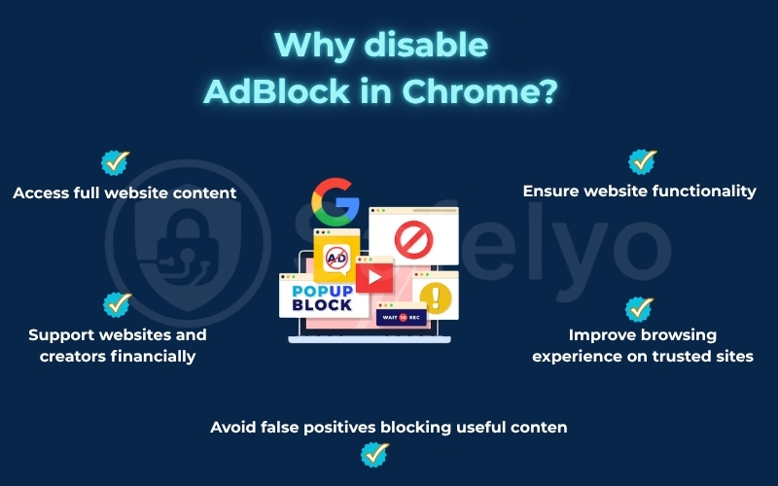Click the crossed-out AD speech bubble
click(336, 258)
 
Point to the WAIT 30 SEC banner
click(400, 317)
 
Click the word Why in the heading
click(313, 45)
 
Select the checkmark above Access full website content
click(116, 162)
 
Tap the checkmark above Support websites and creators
click(118, 305)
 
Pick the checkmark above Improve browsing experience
click(639, 309)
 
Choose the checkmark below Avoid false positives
click(374, 453)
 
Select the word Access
click(42, 192)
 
